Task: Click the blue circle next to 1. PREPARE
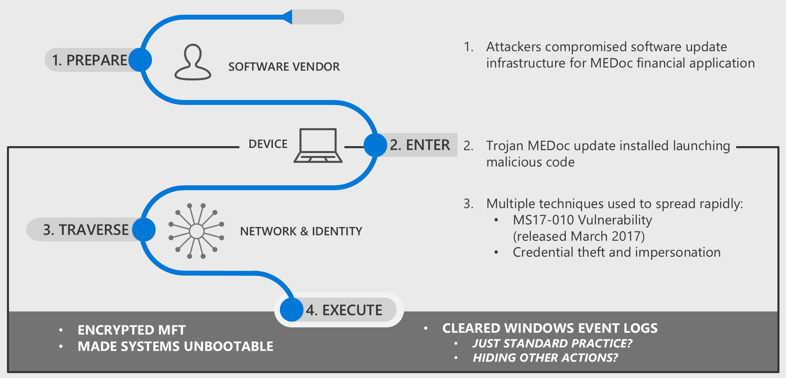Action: click(140, 60)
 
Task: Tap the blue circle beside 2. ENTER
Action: click(375, 145)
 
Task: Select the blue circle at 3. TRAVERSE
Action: click(144, 229)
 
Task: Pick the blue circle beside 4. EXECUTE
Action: click(291, 310)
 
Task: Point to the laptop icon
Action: click(318, 146)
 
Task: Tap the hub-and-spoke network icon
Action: click(196, 231)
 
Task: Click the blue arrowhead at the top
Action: click(288, 17)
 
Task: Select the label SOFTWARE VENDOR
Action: click(284, 67)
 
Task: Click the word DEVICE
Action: click(268, 144)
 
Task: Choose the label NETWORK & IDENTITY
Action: click(301, 231)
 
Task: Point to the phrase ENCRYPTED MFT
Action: click(132, 330)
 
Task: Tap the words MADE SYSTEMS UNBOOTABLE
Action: click(175, 346)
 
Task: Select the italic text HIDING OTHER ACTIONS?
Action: click(545, 358)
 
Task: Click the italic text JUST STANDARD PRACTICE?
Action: click(552, 343)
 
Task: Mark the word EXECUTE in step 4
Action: click(352, 310)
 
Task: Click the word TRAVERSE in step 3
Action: click(94, 230)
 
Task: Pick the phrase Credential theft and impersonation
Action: click(616, 252)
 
